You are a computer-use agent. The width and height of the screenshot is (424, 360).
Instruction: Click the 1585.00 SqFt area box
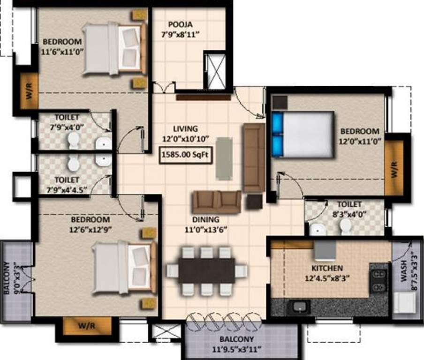(x=186, y=155)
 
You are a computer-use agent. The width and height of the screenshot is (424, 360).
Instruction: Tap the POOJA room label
(x=180, y=24)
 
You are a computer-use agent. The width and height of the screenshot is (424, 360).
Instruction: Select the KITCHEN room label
(x=327, y=268)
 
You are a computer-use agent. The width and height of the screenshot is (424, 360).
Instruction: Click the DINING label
(x=205, y=219)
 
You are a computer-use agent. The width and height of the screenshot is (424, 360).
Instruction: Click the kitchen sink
(x=298, y=307)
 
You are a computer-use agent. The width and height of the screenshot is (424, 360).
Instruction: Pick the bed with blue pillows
(x=303, y=135)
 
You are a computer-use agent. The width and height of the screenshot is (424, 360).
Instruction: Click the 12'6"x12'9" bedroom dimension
(x=91, y=229)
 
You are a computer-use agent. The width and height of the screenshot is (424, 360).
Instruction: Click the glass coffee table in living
(x=223, y=157)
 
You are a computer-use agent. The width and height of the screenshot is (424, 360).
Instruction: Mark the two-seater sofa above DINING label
(x=217, y=202)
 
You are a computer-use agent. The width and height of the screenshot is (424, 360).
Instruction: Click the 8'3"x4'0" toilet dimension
(x=349, y=214)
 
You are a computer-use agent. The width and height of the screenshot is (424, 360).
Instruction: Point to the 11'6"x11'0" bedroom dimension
(x=62, y=52)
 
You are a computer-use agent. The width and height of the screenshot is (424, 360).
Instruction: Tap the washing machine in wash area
(x=402, y=303)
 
